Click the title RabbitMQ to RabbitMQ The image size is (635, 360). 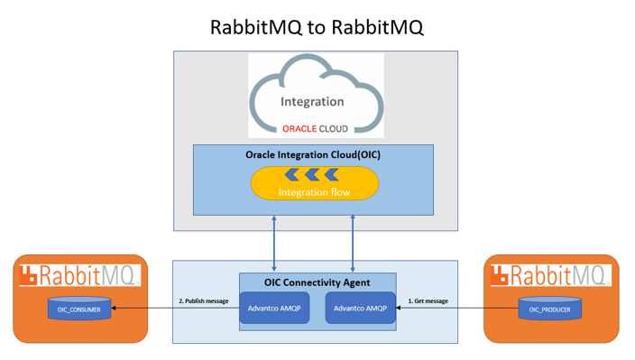(317, 26)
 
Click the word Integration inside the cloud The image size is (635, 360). (312, 102)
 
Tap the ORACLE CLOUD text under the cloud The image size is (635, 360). (315, 128)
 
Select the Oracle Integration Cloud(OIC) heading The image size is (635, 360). (313, 154)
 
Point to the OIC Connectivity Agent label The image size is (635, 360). (317, 282)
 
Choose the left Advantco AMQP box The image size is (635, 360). (274, 309)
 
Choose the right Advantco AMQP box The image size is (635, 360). (360, 309)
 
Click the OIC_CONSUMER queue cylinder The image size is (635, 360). (79, 309)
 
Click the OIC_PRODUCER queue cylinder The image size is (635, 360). (550, 309)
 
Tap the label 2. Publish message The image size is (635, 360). (203, 300)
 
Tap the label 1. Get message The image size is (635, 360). (428, 300)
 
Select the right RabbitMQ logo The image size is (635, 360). (550, 275)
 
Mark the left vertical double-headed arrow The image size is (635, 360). (274, 244)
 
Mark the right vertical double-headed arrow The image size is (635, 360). (353, 244)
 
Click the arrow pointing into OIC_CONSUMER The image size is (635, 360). (171, 309)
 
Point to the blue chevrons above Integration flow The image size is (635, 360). (314, 174)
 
